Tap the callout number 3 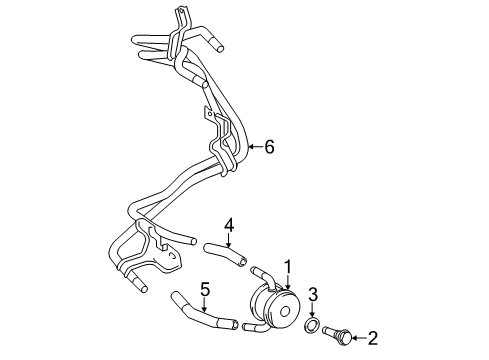tap(313, 293)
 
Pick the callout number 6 tap(269, 147)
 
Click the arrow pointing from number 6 tap(254, 147)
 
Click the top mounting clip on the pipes tap(178, 17)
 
